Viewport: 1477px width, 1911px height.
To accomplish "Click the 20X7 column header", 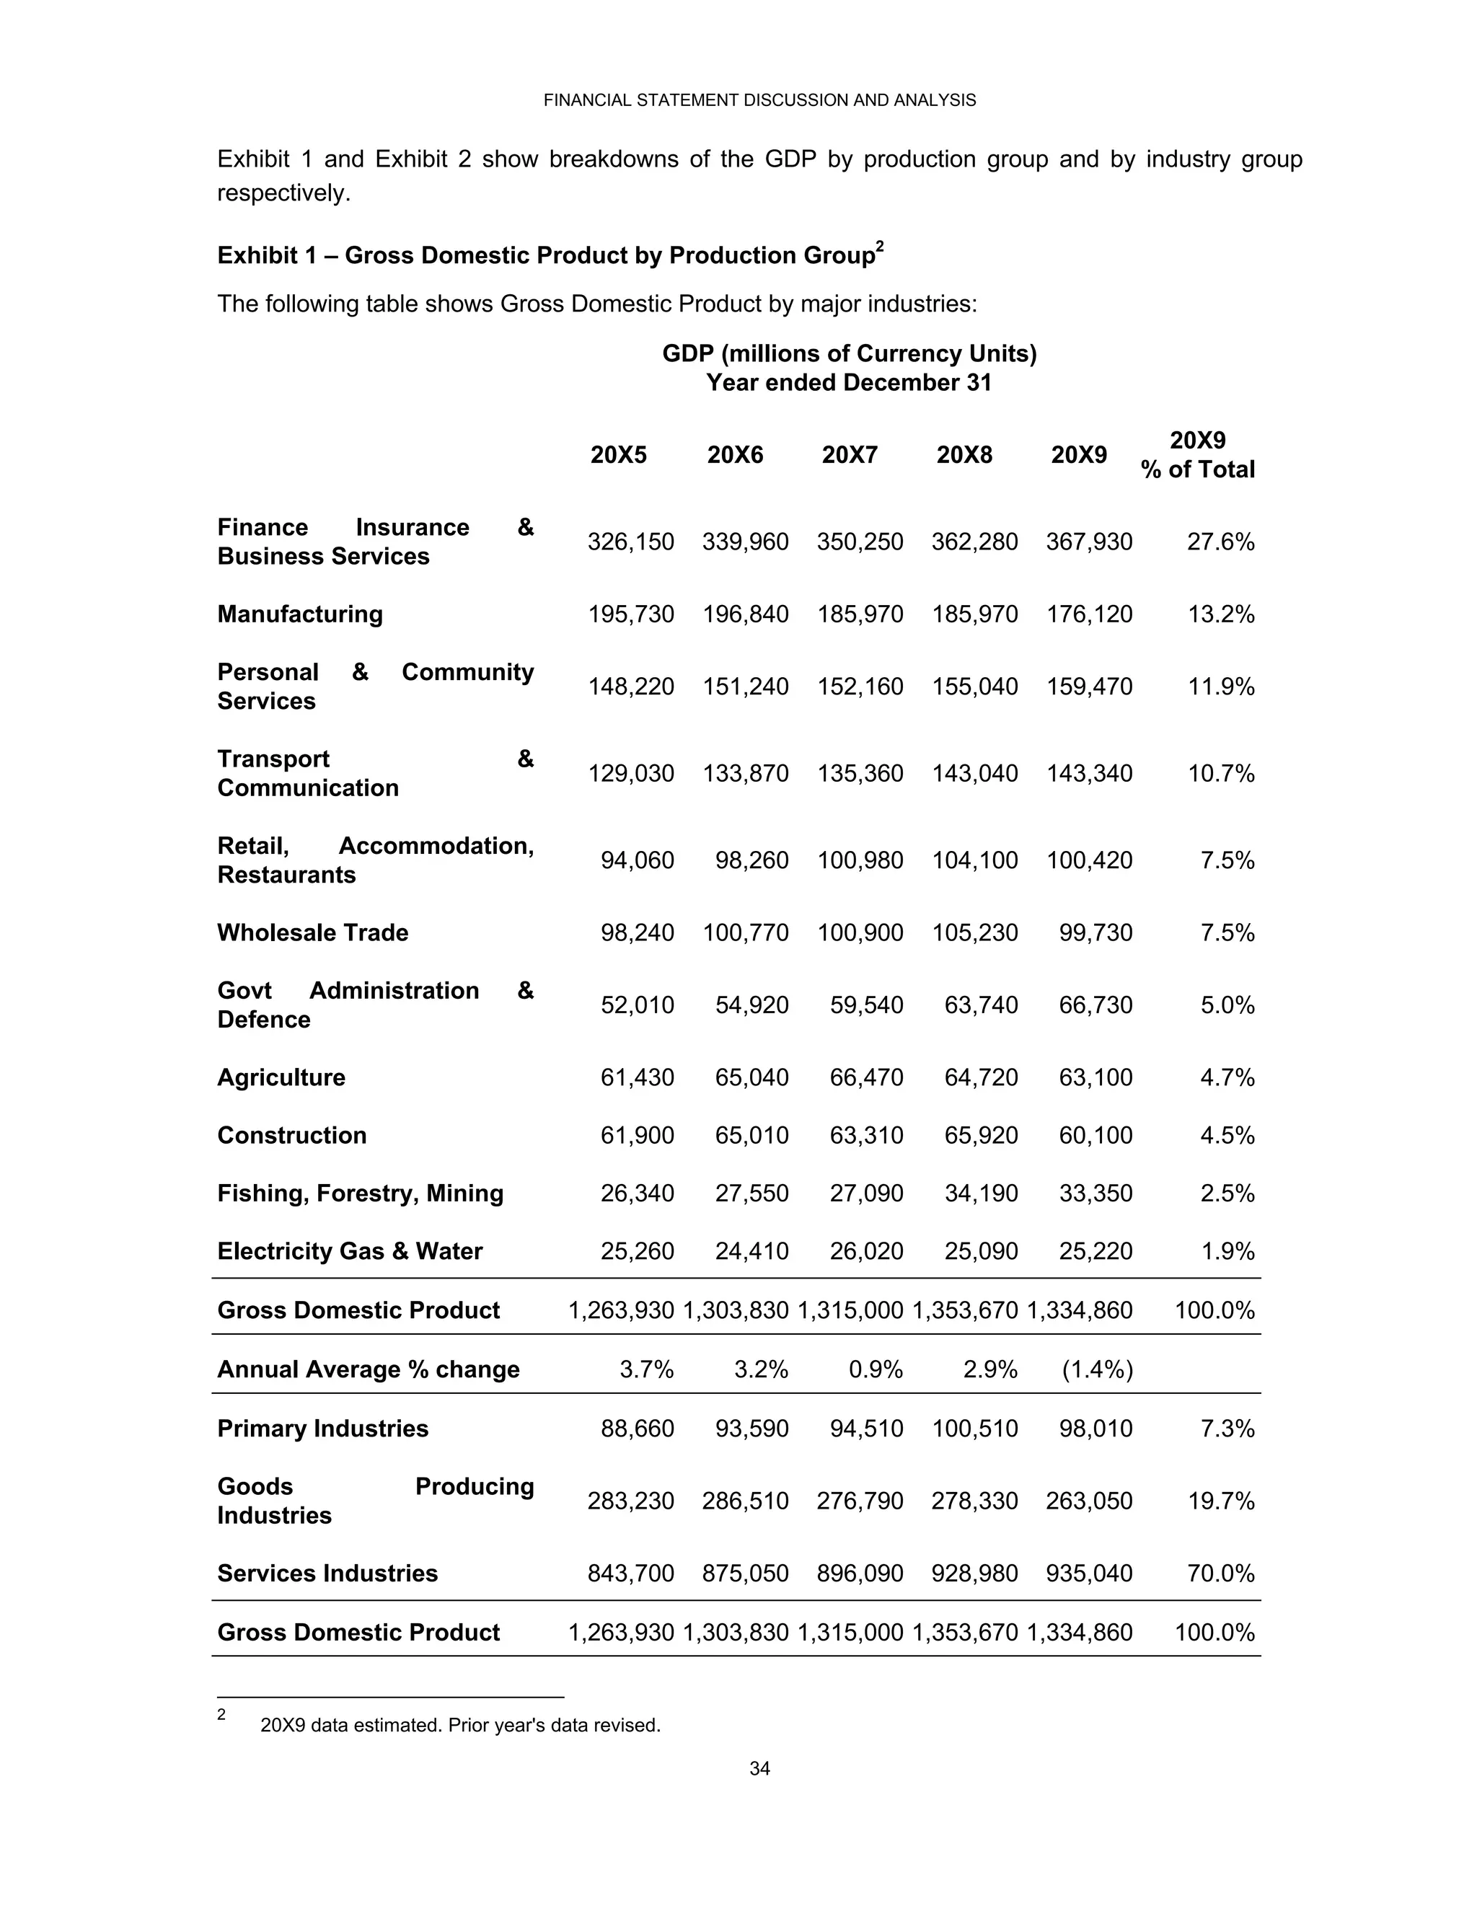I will coord(849,455).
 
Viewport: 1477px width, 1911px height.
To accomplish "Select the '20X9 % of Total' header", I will coord(1197,455).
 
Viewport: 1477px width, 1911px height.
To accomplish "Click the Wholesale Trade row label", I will coord(312,932).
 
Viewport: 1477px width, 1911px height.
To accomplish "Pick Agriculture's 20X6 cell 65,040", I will coord(751,1077).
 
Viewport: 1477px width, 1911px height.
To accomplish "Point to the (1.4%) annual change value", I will coord(1097,1369).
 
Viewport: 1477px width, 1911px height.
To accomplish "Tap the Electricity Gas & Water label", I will coord(349,1251).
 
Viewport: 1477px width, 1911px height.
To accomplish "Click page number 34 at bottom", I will coord(759,1768).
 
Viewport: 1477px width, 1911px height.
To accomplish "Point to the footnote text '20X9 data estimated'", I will coord(460,1726).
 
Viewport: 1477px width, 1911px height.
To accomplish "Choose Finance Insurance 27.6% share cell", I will coord(1221,542).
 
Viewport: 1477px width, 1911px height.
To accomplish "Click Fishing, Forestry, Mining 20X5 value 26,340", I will coord(637,1193).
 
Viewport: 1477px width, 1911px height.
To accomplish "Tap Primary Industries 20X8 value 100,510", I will coord(975,1429).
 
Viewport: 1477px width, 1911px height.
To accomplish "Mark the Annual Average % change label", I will coord(368,1369).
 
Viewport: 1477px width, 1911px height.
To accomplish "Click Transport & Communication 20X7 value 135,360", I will coord(860,774).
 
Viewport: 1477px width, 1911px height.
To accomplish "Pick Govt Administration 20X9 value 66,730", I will coord(1095,1005).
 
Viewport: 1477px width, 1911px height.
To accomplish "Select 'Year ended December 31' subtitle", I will coord(849,383).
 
